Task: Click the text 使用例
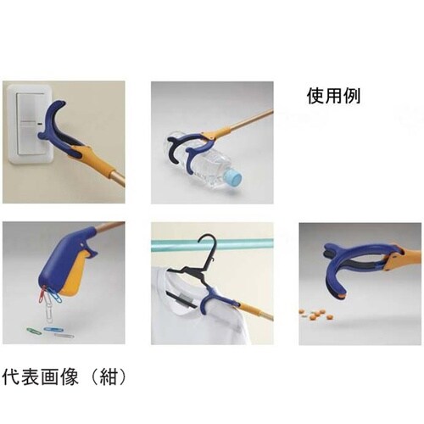(333, 96)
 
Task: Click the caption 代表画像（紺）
(64, 377)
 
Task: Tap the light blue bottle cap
(233, 180)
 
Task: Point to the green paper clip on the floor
(34, 331)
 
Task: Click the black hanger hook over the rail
(209, 247)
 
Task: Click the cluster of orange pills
(317, 314)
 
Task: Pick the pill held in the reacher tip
(342, 296)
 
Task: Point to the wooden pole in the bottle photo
(249, 120)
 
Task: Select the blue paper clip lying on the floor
(53, 330)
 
